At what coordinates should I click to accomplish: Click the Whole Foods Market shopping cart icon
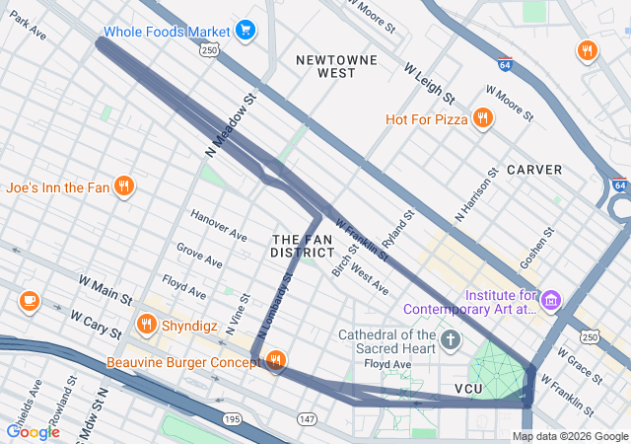(245, 32)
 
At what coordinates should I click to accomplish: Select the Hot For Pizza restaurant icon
(482, 119)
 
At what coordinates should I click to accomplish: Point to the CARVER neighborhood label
(534, 170)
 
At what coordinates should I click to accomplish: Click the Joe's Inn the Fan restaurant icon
(123, 185)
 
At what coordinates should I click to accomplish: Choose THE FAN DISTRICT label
(302, 247)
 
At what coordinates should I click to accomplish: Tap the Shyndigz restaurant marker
(147, 323)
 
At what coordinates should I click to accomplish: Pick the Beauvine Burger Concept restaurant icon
(275, 362)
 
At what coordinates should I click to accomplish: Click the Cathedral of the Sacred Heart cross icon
(451, 340)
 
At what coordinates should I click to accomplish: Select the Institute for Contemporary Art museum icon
(551, 299)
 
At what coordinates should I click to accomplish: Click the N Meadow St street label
(231, 125)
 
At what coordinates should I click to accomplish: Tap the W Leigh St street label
(429, 84)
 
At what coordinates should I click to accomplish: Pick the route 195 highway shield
(232, 420)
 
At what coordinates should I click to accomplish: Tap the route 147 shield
(308, 420)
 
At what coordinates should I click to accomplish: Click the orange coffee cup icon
(29, 301)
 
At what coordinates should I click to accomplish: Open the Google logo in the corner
(33, 431)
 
